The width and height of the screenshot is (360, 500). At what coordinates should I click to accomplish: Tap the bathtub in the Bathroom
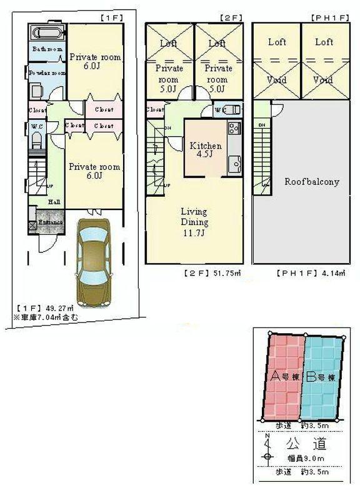[x=46, y=32]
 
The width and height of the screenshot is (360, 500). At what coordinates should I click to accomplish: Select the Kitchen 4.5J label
[x=206, y=151]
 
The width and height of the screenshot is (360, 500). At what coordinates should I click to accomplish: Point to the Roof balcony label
[x=311, y=182]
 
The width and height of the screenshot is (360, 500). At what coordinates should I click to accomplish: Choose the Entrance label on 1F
[x=50, y=222]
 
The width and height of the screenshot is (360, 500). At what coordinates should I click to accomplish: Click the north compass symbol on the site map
[x=267, y=448]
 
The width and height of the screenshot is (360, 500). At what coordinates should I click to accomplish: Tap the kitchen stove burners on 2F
[x=234, y=129]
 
